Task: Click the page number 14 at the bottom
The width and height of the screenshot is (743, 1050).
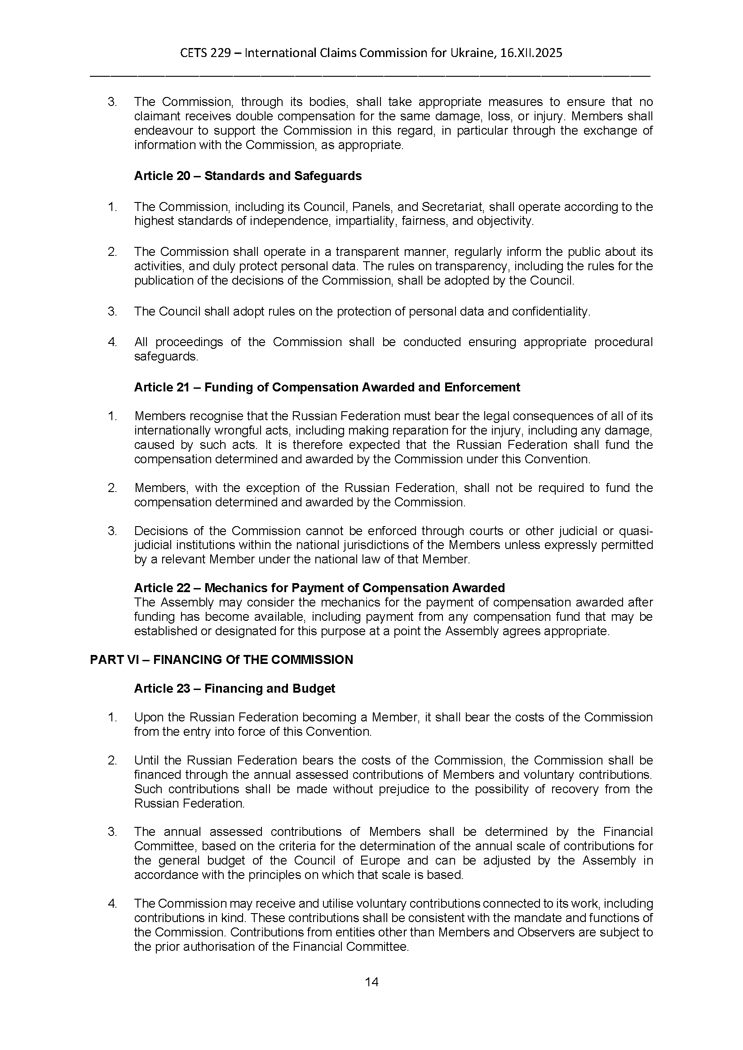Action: click(371, 982)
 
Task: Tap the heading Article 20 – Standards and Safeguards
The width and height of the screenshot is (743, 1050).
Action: click(248, 176)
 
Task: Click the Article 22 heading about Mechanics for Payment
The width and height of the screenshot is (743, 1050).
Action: click(319, 588)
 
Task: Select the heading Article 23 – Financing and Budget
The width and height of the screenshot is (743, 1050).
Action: click(234, 689)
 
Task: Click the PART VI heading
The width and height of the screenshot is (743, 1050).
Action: click(221, 660)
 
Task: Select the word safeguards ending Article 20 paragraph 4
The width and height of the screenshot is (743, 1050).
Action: click(166, 357)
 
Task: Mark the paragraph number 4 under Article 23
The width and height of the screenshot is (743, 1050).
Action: click(112, 904)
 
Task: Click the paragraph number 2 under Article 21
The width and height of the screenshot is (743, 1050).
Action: click(112, 488)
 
